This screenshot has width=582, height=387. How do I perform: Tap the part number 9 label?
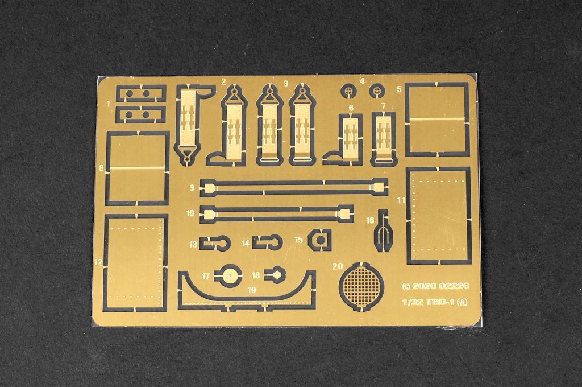[x=192, y=188]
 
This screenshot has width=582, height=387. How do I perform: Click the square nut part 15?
[x=320, y=240]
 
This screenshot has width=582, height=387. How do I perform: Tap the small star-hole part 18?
[x=276, y=275]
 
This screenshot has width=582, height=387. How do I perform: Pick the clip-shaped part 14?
[x=268, y=242]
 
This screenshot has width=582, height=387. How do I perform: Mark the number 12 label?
[x=98, y=262]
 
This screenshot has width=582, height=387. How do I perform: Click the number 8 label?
[x=101, y=168]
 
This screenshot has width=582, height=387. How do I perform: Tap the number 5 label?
[x=399, y=89]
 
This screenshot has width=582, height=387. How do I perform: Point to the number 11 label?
[x=401, y=200]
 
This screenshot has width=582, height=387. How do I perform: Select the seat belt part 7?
[x=384, y=136]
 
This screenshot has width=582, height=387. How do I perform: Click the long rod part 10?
[x=277, y=213]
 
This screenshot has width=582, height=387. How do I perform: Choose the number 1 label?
[x=108, y=104]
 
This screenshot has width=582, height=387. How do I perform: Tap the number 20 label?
[x=337, y=266]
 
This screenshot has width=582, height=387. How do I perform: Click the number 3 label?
[x=285, y=84]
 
